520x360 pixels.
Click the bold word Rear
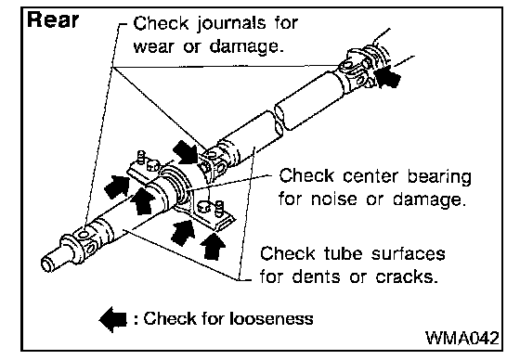click(x=53, y=19)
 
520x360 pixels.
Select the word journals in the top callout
click(x=232, y=24)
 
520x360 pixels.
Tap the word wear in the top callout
click(x=153, y=46)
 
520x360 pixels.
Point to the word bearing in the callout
click(x=439, y=176)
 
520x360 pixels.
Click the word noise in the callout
click(x=334, y=199)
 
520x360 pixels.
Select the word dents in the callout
click(x=316, y=276)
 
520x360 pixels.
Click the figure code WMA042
click(x=462, y=338)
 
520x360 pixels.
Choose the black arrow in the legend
click(x=113, y=319)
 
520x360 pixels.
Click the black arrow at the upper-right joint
click(x=387, y=77)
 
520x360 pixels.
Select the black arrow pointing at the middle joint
click(x=186, y=152)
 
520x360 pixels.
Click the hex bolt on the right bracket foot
click(x=203, y=208)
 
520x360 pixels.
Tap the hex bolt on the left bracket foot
click(x=152, y=165)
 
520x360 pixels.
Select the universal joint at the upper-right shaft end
click(x=360, y=68)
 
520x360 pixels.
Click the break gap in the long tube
click(x=279, y=121)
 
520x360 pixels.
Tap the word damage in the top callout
click(x=246, y=47)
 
